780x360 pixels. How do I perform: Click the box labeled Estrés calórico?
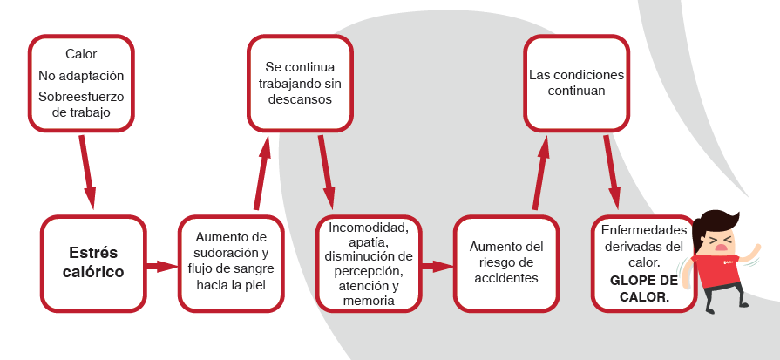click(x=93, y=263)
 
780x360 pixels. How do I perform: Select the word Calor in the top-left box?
click(x=81, y=54)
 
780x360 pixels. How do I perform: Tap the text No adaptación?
click(x=81, y=76)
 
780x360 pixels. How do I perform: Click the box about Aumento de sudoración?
click(x=231, y=263)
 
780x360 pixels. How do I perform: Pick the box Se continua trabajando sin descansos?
click(x=300, y=83)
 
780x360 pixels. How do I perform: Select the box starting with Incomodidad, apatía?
click(x=369, y=263)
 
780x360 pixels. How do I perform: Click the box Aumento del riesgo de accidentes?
click(x=506, y=263)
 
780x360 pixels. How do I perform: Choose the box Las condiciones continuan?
click(x=576, y=83)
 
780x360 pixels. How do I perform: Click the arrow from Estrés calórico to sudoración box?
click(x=162, y=266)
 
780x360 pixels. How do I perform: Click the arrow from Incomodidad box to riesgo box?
click(x=437, y=266)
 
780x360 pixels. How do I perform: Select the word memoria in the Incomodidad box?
click(x=369, y=300)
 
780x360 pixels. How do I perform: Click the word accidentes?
click(x=506, y=278)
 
